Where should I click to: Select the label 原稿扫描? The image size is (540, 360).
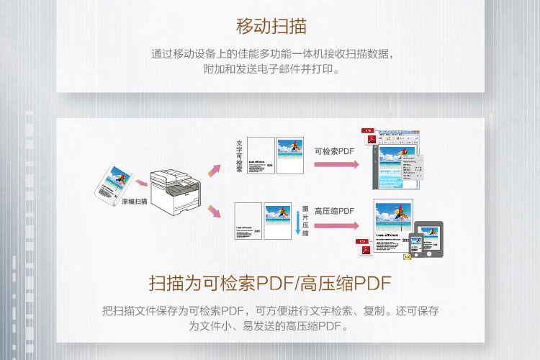tap(134, 202)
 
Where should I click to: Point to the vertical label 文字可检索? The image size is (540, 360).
tap(239, 156)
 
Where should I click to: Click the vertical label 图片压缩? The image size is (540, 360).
tap(305, 222)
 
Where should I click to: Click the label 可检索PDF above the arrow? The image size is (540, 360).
tap(335, 151)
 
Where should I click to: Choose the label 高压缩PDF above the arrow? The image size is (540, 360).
tap(335, 211)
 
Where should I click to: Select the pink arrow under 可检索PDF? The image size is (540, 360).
tap(336, 164)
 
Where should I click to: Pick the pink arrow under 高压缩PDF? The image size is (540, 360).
tap(336, 225)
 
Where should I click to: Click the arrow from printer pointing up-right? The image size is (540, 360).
tap(213, 171)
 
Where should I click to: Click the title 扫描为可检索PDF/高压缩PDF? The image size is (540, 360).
tap(270, 282)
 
